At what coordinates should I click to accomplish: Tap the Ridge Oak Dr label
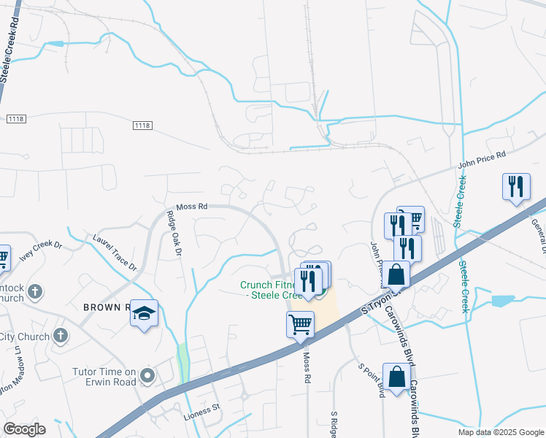[174, 234]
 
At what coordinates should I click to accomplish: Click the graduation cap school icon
[145, 313]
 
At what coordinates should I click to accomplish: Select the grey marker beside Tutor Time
[148, 376]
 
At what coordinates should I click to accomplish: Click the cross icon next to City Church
[61, 337]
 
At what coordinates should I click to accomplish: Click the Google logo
[24, 429]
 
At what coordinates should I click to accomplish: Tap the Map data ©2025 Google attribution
[500, 432]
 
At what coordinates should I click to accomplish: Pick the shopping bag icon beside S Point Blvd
[396, 377]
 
